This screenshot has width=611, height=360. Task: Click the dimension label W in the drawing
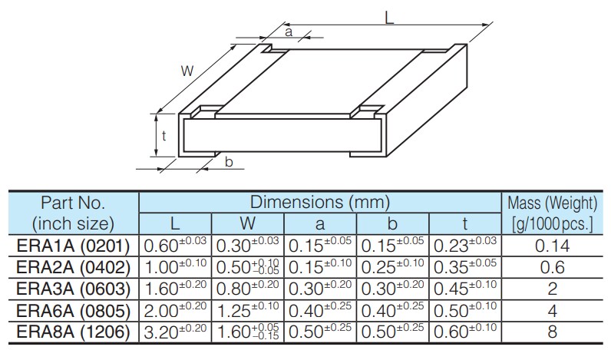pyautogui.click(x=187, y=71)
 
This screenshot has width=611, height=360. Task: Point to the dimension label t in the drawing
pyautogui.click(x=164, y=137)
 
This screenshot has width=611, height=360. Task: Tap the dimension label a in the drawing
pyautogui.click(x=289, y=31)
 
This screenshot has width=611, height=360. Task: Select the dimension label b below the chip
pyautogui.click(x=229, y=162)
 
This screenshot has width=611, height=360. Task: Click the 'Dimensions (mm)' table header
pyautogui.click(x=319, y=203)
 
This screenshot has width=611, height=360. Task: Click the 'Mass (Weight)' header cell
pyautogui.click(x=552, y=203)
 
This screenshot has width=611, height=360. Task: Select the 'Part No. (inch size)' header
pyautogui.click(x=74, y=213)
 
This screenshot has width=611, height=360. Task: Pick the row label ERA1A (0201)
pyautogui.click(x=74, y=246)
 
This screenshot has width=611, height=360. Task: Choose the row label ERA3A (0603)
pyautogui.click(x=74, y=289)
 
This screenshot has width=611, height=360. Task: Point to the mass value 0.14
pyautogui.click(x=552, y=246)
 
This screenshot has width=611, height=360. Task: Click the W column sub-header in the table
pyautogui.click(x=247, y=224)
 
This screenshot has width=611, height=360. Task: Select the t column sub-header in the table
pyautogui.click(x=465, y=224)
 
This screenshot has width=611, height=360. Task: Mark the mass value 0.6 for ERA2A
pyautogui.click(x=552, y=267)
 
